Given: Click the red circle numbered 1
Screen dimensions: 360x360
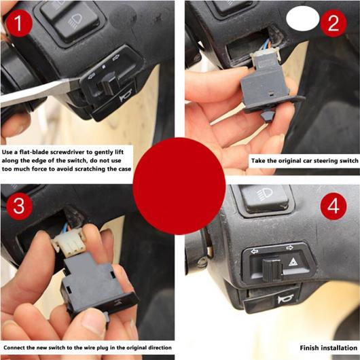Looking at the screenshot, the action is (x=19, y=23).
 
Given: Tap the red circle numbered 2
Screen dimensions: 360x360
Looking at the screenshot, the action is (x=333, y=23).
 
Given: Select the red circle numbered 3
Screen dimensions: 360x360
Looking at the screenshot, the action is (x=19, y=206).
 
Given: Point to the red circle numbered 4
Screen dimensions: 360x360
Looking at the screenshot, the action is (x=334, y=206).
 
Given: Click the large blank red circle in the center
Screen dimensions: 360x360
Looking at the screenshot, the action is (x=179, y=186).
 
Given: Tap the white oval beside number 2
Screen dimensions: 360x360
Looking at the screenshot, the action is (x=303, y=18).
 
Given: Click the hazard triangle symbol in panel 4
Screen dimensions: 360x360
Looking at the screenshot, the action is (x=293, y=262).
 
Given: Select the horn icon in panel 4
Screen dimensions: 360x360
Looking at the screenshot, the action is (x=285, y=299).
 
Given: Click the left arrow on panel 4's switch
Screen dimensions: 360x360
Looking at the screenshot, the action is (x=255, y=251).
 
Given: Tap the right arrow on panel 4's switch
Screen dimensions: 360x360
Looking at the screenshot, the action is (x=290, y=247).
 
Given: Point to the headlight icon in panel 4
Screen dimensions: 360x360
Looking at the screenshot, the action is (x=264, y=194).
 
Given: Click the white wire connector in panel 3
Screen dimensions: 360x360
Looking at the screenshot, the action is (x=69, y=243).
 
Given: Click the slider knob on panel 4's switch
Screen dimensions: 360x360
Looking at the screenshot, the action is (x=272, y=270).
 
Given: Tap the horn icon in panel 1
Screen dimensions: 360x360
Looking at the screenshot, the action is (x=126, y=96).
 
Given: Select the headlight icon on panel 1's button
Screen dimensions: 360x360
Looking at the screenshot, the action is (x=75, y=21).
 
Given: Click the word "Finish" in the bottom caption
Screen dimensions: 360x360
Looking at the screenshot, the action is (x=308, y=348).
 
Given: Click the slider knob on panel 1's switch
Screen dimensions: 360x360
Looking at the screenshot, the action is (x=109, y=83).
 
